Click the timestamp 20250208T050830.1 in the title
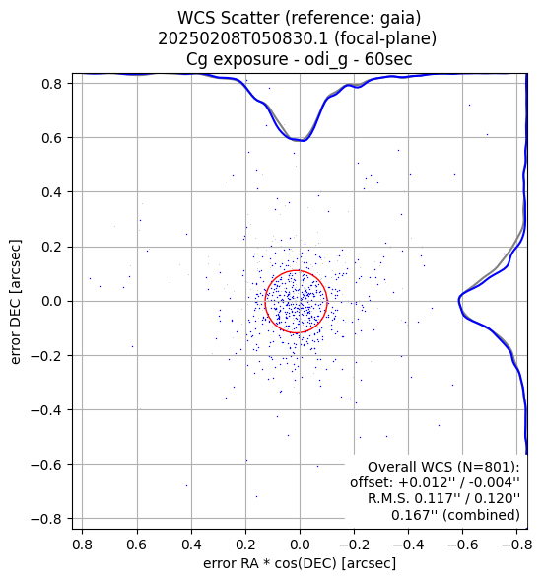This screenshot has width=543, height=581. pyautogui.click(x=244, y=38)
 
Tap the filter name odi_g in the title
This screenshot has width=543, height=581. pyautogui.click(x=326, y=60)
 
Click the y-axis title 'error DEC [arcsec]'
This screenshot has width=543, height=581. pyautogui.click(x=15, y=302)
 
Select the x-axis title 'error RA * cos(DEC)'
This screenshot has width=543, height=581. pyautogui.click(x=270, y=563)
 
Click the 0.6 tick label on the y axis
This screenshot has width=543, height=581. pyautogui.click(x=51, y=138)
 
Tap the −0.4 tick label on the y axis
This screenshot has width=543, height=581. pyautogui.click(x=46, y=410)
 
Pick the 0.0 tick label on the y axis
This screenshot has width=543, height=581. pyautogui.click(x=51, y=301)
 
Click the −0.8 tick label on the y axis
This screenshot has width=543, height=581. pyautogui.click(x=46, y=519)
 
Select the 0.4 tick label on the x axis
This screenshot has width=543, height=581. pyautogui.click(x=191, y=545)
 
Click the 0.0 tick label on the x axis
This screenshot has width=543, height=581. pyautogui.click(x=300, y=545)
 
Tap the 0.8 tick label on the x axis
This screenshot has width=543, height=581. pyautogui.click(x=83, y=545)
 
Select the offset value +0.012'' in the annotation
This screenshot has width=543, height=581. pyautogui.click(x=426, y=482)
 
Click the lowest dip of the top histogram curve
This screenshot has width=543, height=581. pyautogui.click(x=303, y=141)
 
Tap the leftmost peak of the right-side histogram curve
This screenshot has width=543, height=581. pyautogui.click(x=459, y=300)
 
